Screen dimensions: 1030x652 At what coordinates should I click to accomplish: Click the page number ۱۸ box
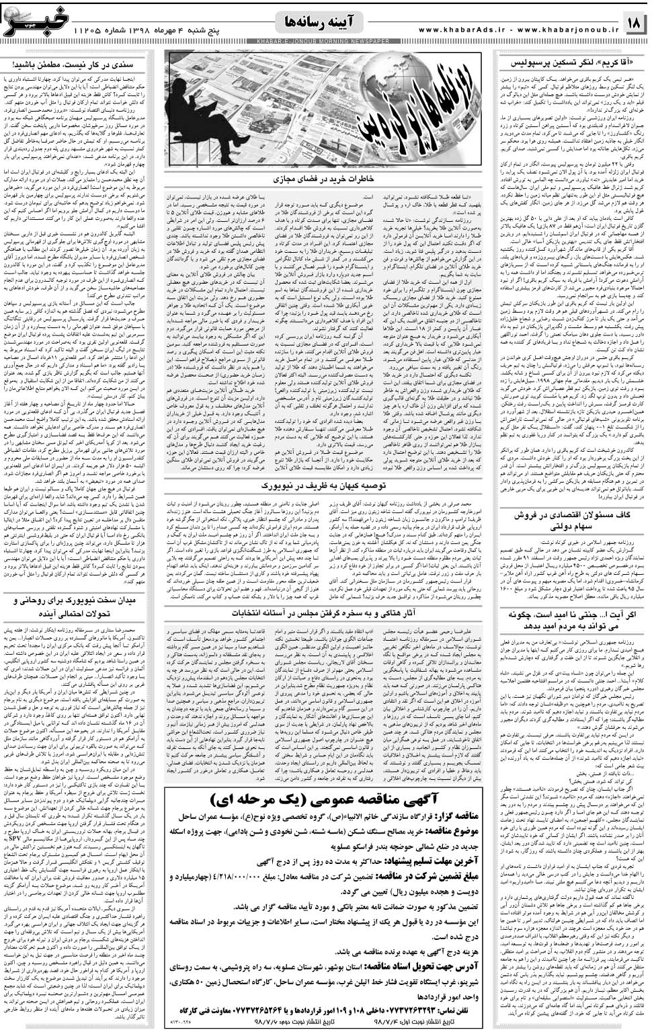coord(633,23)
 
